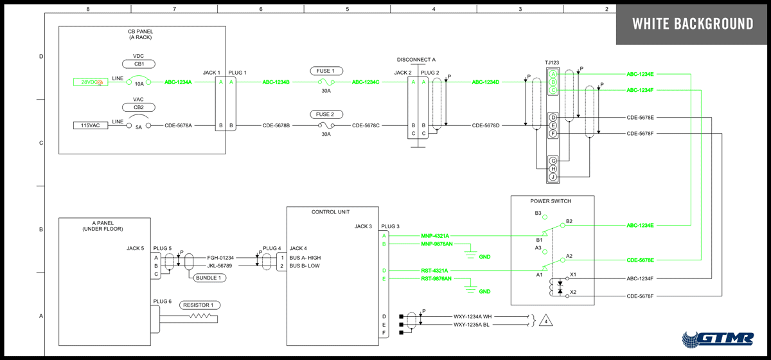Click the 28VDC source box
pos(91,82)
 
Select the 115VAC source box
pos(91,125)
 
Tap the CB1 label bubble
pos(139,64)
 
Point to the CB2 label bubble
pos(139,107)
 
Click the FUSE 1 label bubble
pos(326,71)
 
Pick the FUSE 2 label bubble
pos(326,114)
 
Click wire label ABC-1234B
pos(276,82)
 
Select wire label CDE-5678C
pos(366,125)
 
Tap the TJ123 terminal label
pos(552,62)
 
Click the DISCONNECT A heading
pos(416,60)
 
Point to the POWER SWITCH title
pos(551,201)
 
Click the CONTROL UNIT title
pos(331,212)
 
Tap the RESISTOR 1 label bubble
pos(199,305)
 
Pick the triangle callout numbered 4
pos(545,320)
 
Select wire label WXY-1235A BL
pos(472,325)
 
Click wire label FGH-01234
pos(220,257)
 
